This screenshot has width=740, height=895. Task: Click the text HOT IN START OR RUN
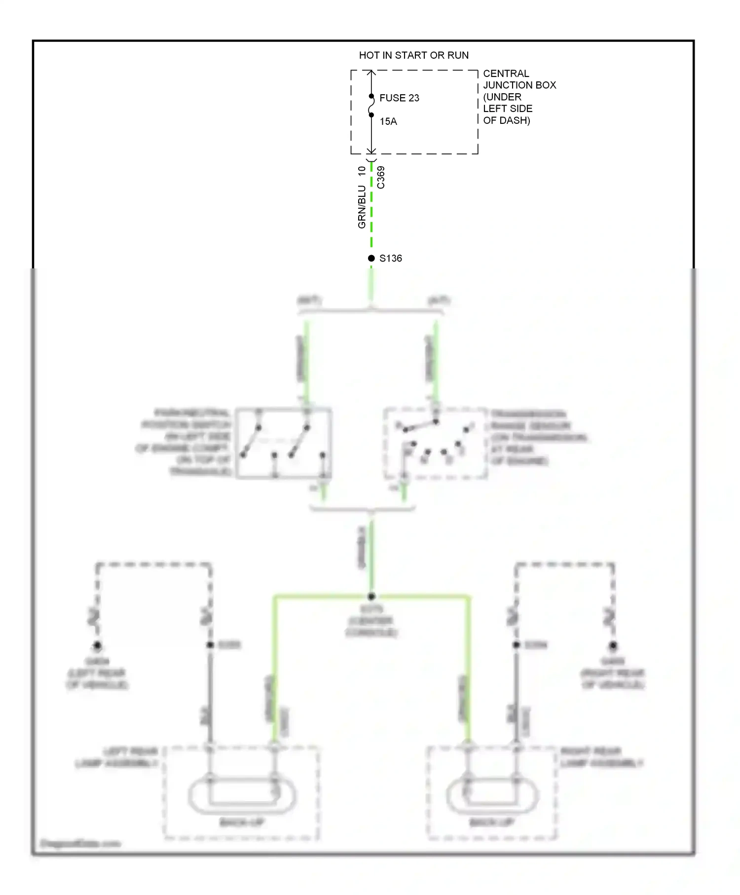click(x=413, y=55)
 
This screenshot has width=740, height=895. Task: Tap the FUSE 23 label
click(x=399, y=98)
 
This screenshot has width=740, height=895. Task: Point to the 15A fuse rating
click(x=388, y=121)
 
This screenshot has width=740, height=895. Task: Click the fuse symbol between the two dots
click(x=371, y=106)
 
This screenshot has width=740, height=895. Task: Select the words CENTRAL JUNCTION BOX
click(x=519, y=79)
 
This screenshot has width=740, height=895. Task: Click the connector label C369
click(x=381, y=177)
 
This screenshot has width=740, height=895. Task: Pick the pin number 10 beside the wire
click(x=362, y=171)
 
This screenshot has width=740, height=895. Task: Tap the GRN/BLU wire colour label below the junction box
click(x=362, y=207)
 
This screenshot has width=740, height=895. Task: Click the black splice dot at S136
click(x=371, y=258)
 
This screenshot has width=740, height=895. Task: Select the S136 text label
click(x=391, y=258)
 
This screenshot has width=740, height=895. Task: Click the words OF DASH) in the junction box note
click(x=506, y=120)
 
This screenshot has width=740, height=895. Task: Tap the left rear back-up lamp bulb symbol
click(x=242, y=795)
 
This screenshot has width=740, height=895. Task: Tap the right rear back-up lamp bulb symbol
click(x=492, y=795)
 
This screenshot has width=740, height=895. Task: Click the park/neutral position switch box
click(x=283, y=443)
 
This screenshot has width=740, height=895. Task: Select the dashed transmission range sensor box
click(x=436, y=443)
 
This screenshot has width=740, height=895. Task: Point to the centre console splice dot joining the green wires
click(x=371, y=597)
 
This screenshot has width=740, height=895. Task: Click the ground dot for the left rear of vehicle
click(x=97, y=645)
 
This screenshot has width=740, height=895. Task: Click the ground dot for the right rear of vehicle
click(x=613, y=645)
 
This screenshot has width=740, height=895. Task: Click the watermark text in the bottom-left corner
click(x=80, y=843)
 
